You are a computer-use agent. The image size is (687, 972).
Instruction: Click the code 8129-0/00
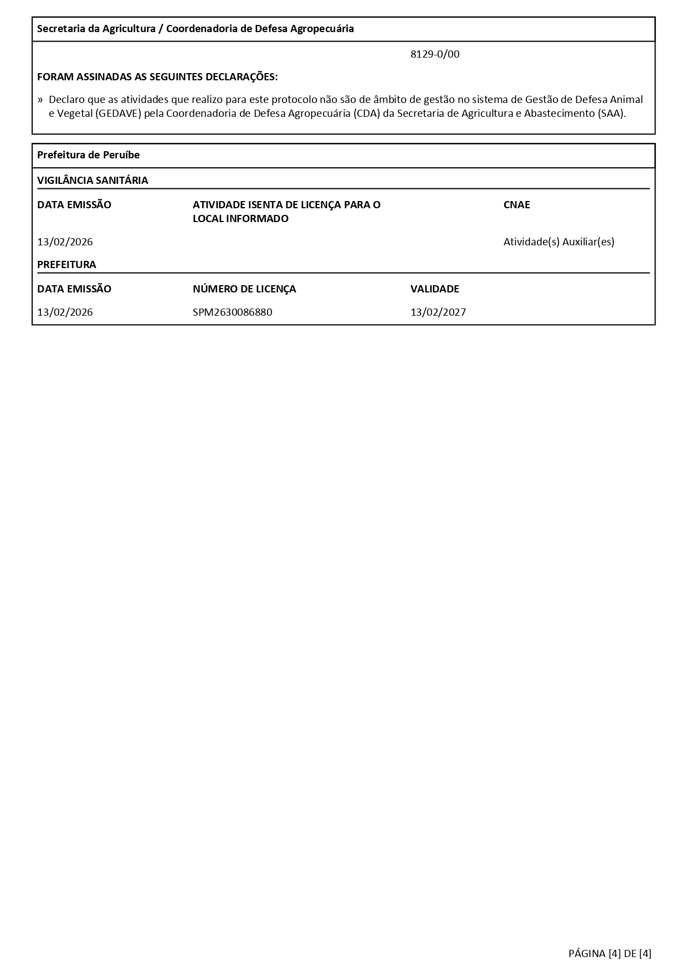point(435,54)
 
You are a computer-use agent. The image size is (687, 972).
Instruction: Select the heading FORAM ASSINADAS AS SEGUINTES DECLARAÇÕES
point(157,77)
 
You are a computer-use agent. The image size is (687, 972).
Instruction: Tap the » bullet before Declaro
point(40,100)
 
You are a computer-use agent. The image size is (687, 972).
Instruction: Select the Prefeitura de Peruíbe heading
point(88,155)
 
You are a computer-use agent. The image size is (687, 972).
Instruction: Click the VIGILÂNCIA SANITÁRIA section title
point(93,181)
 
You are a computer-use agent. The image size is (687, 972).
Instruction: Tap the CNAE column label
point(516,205)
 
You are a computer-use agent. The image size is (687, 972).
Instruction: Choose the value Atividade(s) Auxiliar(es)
point(558,242)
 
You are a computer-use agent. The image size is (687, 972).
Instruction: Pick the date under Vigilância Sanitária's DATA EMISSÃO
point(65,242)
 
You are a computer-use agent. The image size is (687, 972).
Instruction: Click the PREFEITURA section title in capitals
point(66,265)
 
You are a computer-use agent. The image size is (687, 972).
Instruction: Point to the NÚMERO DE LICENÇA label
point(244,289)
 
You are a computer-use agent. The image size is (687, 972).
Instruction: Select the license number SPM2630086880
point(232,312)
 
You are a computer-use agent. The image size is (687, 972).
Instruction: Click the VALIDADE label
point(434,289)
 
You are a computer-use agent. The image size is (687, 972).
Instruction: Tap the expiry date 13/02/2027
point(438,312)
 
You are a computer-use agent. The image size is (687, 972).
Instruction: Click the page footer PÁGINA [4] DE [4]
point(609,953)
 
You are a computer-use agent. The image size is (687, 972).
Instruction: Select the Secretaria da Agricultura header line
point(195,29)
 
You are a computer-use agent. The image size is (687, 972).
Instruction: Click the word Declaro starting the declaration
point(66,100)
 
